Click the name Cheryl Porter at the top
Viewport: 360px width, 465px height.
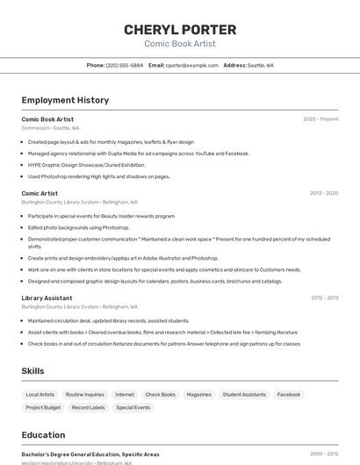(179, 29)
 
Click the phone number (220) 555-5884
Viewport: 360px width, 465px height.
(124, 65)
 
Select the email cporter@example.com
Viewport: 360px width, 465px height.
(191, 65)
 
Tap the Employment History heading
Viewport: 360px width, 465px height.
(65, 100)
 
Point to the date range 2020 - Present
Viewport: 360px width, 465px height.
(320, 118)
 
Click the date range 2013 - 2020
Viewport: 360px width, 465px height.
(324, 193)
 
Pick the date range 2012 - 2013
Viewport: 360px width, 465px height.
(324, 298)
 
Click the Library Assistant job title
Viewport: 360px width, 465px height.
(47, 298)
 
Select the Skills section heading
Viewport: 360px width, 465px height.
(32, 371)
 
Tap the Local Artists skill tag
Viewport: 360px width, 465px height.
(40, 395)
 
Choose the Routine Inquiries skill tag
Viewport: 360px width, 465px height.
(84, 395)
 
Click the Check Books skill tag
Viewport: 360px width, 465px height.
(160, 395)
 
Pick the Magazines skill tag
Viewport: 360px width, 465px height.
(198, 395)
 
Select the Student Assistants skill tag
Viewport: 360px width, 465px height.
(244, 395)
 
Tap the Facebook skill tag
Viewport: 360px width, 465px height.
(289, 395)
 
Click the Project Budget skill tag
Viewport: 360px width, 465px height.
(43, 408)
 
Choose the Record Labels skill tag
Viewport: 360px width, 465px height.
(88, 408)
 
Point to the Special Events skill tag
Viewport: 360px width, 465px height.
(133, 408)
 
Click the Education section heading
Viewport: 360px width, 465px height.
(43, 435)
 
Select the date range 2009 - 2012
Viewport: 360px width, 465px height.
(324, 454)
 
